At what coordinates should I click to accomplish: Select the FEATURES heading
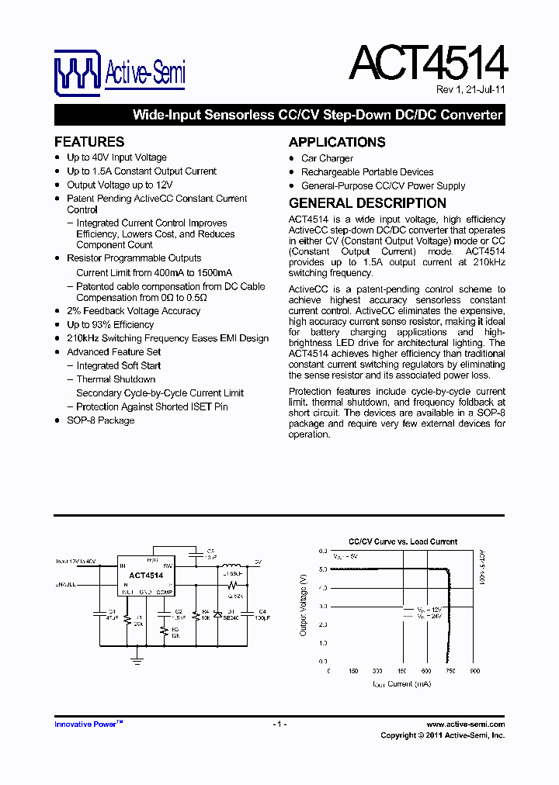[89, 142]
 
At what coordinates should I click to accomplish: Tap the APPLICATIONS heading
[337, 142]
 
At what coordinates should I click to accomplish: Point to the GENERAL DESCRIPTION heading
[367, 203]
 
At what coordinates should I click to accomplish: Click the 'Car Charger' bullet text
[327, 158]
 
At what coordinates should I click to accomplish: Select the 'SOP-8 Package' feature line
[100, 420]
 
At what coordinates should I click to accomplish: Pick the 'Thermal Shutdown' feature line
[116, 379]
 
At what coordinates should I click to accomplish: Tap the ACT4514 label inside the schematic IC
[146, 576]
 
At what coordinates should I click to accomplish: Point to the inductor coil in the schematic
[231, 564]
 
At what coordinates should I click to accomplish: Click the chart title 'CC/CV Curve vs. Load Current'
[403, 541]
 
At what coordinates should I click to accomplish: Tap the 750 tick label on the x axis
[451, 671]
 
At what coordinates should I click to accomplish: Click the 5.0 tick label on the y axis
[323, 569]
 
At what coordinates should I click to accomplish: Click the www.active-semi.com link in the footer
[466, 724]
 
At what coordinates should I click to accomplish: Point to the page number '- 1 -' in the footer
[279, 724]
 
